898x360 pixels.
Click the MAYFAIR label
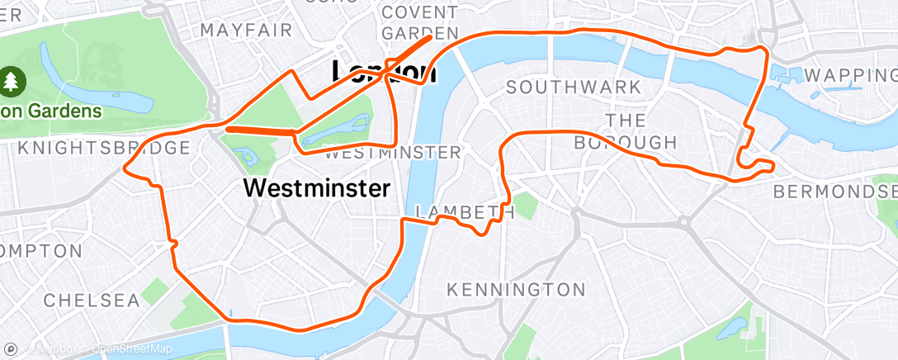[246, 31]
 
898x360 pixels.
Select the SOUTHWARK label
[573, 87]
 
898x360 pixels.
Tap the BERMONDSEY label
[834, 192]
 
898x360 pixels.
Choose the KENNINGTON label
[515, 290]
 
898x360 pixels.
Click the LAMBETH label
[466, 212]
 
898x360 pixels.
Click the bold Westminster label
[317, 188]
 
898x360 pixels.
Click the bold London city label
[383, 72]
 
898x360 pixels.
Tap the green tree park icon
[13, 81]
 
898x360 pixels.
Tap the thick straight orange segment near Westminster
[260, 130]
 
